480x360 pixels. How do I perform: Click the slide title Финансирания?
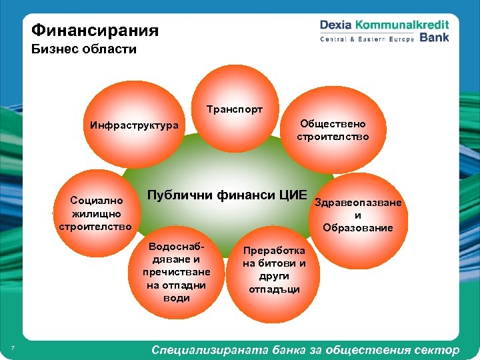95,31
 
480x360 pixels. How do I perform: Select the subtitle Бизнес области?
83,50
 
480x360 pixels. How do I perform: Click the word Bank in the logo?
434,38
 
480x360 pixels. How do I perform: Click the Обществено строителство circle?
332,130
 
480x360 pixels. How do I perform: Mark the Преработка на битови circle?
274,269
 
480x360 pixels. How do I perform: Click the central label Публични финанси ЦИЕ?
227,195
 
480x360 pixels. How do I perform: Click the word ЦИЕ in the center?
291,195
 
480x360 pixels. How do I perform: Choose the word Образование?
357,227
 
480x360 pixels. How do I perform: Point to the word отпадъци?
274,289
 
